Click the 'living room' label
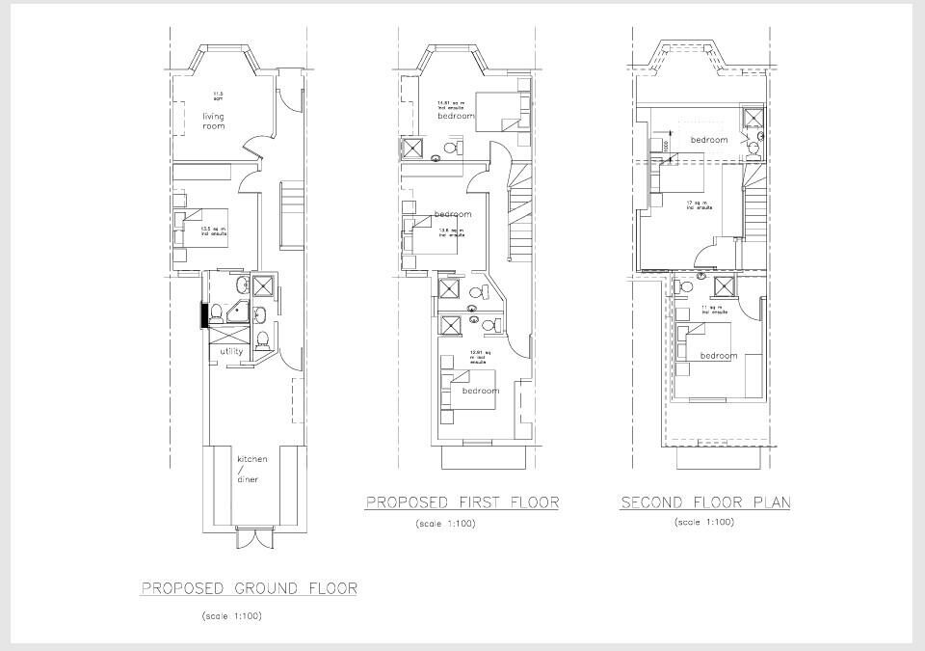(213, 121)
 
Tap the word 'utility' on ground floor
(231, 351)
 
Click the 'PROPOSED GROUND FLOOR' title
(249, 587)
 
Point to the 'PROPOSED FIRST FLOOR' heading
(462, 502)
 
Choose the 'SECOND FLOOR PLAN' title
(705, 502)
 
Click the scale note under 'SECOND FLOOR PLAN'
(704, 523)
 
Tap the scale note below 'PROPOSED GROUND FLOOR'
(231, 615)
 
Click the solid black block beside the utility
(204, 315)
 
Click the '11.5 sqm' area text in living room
(218, 95)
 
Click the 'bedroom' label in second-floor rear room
(718, 356)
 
